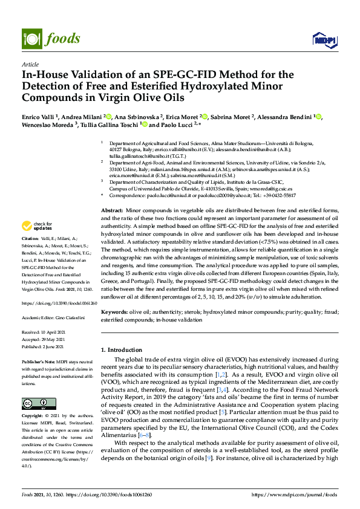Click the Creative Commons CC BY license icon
click(35, 403)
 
